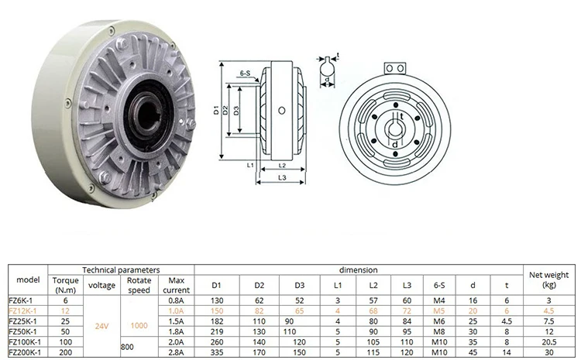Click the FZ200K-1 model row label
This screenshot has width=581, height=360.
(x=25, y=352)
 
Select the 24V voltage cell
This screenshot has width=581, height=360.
(x=102, y=326)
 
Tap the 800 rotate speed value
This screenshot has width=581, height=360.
(x=127, y=347)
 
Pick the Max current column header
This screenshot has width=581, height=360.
(x=176, y=285)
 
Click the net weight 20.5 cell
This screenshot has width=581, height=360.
(x=548, y=342)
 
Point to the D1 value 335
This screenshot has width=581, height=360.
(x=216, y=352)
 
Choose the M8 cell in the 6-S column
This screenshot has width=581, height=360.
(x=438, y=331)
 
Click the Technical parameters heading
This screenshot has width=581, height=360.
(x=121, y=270)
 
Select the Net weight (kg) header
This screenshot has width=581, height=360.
(x=548, y=279)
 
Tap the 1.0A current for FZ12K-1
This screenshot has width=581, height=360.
(x=176, y=310)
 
